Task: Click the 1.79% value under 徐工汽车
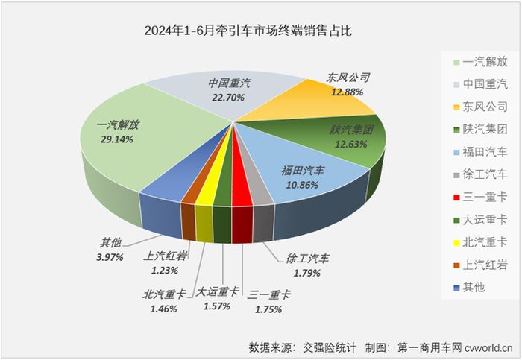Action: (x=307, y=274)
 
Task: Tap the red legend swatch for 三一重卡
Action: (x=445, y=198)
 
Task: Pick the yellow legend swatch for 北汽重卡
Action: (x=445, y=243)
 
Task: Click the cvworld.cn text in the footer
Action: (x=491, y=347)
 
